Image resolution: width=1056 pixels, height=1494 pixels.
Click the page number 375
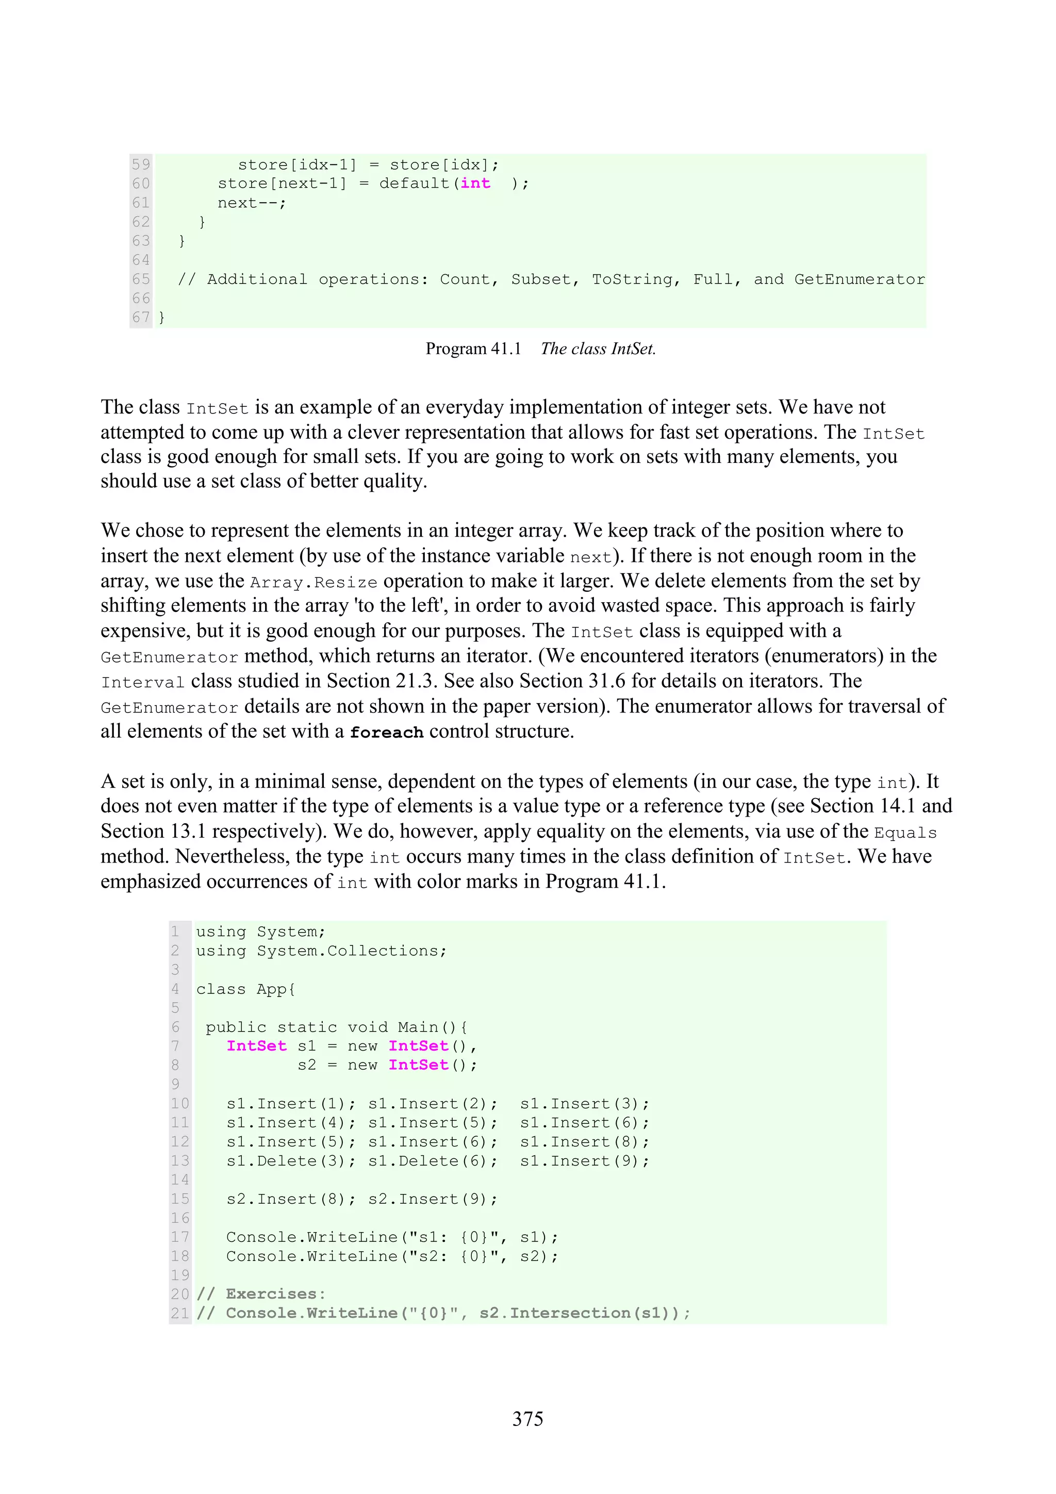click(x=527, y=1419)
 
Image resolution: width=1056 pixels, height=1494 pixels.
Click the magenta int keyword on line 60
click(x=475, y=184)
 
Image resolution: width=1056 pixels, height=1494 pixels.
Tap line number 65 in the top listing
click(x=141, y=279)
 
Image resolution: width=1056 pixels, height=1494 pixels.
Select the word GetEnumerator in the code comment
click(x=859, y=279)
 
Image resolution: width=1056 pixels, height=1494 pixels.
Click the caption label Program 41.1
click(x=473, y=349)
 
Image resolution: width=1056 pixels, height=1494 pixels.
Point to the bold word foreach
click(x=387, y=732)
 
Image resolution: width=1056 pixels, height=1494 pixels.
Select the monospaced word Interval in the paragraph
click(x=142, y=683)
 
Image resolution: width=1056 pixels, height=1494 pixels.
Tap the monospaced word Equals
click(x=905, y=833)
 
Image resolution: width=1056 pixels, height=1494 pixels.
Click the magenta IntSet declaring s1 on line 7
click(x=256, y=1045)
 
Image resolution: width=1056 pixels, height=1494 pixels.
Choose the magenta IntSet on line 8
click(x=418, y=1065)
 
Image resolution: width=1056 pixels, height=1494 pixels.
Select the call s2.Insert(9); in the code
click(x=433, y=1199)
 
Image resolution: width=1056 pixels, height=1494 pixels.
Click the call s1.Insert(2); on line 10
click(x=433, y=1104)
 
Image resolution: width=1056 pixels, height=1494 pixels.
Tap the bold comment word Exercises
click(x=271, y=1293)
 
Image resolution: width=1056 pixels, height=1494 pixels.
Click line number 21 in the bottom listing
click(x=179, y=1313)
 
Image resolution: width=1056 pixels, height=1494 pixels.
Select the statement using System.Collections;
click(x=321, y=951)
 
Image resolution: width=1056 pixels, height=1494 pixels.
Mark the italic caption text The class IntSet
click(x=598, y=349)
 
